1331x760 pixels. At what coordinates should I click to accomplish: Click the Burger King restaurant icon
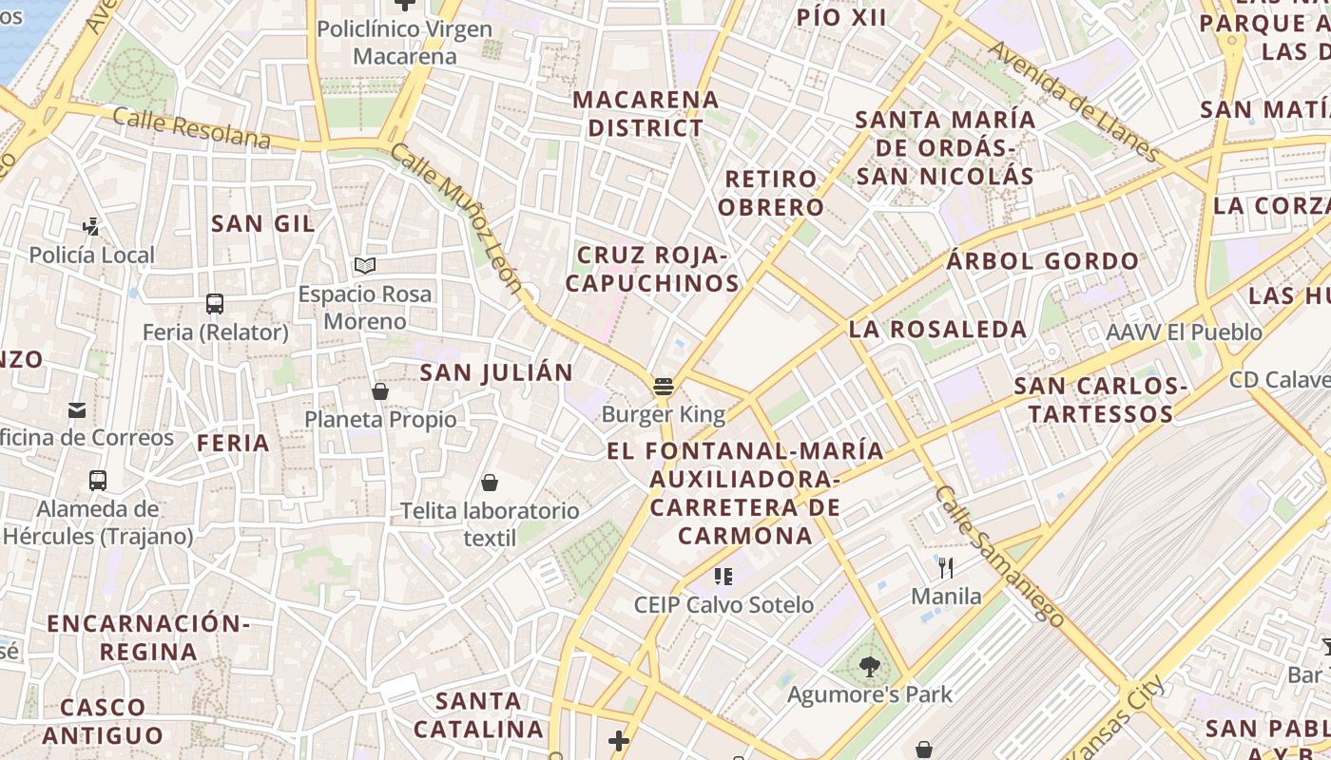pos(664,387)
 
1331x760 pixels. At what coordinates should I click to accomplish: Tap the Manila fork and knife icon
pos(946,568)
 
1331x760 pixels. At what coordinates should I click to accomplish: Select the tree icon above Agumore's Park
pos(869,667)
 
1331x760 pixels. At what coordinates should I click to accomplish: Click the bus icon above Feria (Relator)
pos(215,304)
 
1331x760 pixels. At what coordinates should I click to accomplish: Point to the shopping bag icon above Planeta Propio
pos(380,391)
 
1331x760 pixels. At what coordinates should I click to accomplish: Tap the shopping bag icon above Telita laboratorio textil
pos(490,483)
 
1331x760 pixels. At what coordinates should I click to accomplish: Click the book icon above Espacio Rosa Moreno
pos(365,265)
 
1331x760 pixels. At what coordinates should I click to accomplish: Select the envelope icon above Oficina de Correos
pos(77,410)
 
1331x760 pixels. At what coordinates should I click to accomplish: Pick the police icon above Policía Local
pos(91,227)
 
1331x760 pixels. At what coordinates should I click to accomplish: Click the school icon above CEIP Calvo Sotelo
pos(723,576)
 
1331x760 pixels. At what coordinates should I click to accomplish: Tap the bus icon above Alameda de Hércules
pos(98,481)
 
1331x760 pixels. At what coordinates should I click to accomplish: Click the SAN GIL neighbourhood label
pos(263,224)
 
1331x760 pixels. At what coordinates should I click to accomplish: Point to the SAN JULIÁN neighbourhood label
pos(496,372)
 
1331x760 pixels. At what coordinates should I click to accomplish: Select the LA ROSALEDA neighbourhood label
pos(937,330)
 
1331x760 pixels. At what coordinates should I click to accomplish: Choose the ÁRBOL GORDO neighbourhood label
pos(1042,261)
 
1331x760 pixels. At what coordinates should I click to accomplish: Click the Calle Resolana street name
pos(191,129)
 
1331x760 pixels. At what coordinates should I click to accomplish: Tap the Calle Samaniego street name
pos(999,556)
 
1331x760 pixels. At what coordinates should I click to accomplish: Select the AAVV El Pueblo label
pos(1184,332)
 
